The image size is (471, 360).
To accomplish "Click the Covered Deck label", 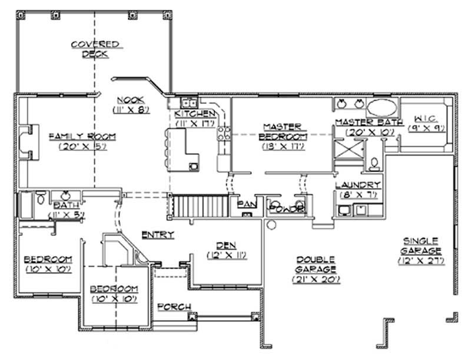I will pos(95,48).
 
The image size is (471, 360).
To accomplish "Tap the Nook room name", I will pos(126,100).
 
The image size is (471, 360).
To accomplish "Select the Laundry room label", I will pos(357,185).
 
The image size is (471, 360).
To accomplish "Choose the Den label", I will pos(226,246).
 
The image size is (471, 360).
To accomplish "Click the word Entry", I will pos(158,235).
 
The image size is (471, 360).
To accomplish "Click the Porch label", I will pos(174,307).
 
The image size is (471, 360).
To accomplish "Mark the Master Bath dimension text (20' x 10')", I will pos(369,132).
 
